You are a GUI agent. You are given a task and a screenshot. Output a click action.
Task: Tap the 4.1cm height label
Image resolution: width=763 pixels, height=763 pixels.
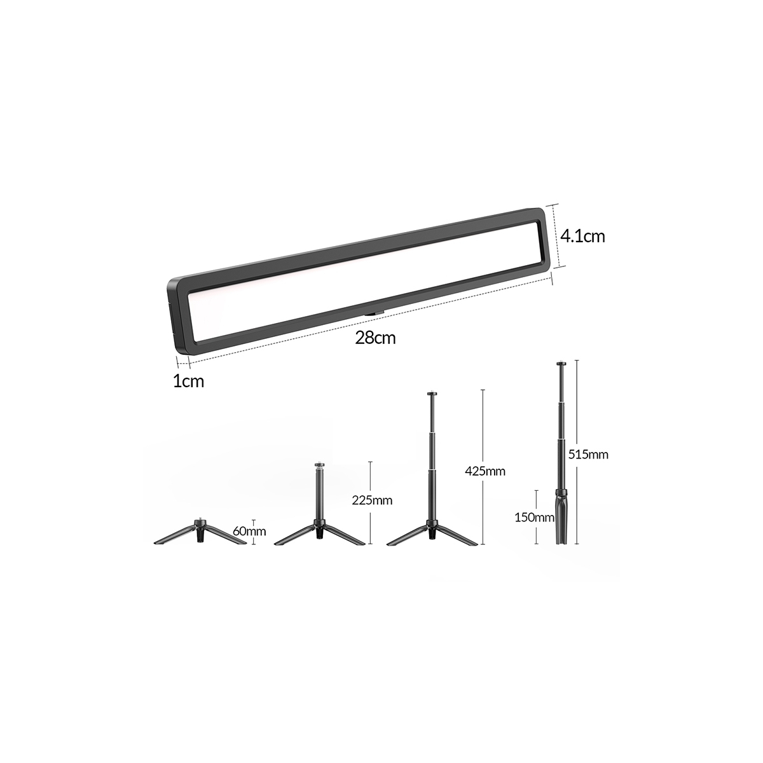tap(582, 236)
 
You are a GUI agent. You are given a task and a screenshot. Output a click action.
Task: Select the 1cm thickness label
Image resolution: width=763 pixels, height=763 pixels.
tap(188, 381)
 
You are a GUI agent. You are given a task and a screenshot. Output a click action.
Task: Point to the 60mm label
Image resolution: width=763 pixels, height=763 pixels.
tap(249, 530)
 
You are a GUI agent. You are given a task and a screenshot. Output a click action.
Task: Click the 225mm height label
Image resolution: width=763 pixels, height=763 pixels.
tap(372, 500)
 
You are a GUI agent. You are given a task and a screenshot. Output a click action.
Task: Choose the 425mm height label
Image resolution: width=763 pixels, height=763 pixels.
tap(485, 471)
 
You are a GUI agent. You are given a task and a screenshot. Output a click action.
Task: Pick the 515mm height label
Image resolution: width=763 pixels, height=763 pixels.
tap(588, 455)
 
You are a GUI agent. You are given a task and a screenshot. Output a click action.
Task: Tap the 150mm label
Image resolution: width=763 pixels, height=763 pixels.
tap(534, 517)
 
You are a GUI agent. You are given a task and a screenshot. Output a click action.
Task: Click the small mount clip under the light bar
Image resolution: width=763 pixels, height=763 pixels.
tap(374, 314)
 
